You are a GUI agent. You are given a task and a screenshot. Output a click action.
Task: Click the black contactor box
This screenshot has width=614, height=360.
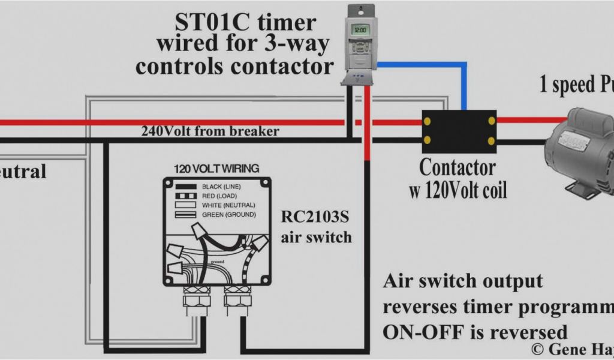pyautogui.click(x=459, y=131)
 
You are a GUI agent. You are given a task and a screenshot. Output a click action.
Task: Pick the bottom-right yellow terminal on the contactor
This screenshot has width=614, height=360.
pyautogui.click(x=491, y=142)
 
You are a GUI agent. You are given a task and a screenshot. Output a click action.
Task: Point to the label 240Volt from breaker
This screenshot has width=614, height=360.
pyautogui.click(x=210, y=131)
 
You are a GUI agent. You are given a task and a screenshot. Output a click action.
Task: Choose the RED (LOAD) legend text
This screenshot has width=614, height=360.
pyautogui.click(x=220, y=196)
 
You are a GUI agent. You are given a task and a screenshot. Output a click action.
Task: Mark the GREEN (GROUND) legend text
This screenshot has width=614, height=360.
pyautogui.click(x=228, y=214)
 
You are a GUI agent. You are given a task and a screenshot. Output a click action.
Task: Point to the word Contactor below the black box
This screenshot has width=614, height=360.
pyautogui.click(x=458, y=167)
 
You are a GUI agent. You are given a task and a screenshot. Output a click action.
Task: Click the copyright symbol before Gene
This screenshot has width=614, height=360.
pyautogui.click(x=537, y=348)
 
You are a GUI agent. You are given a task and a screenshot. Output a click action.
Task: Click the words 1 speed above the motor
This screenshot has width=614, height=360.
pyautogui.click(x=563, y=85)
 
